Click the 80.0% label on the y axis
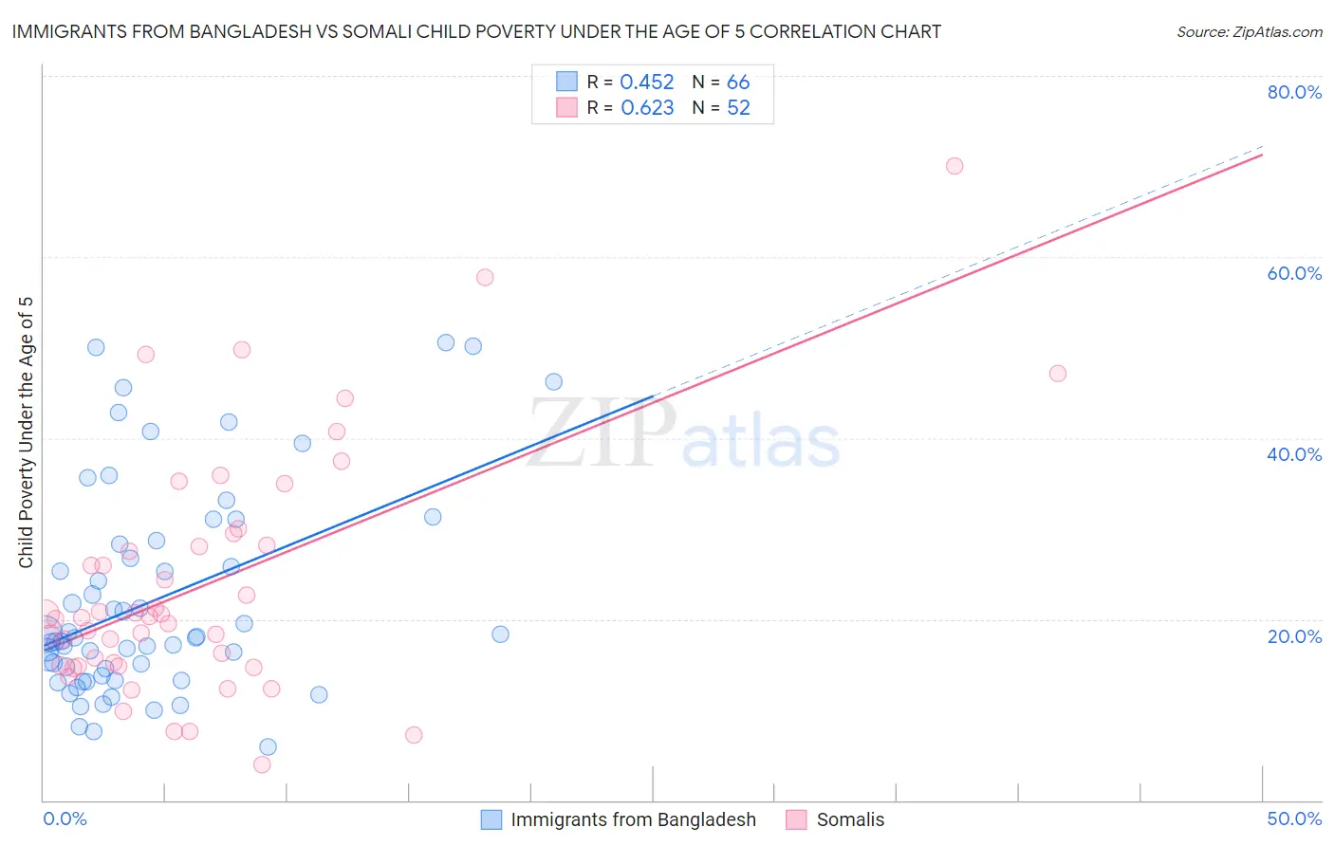[1294, 92]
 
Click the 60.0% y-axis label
[1294, 273]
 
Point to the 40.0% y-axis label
[1294, 454]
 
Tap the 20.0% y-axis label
[1294, 635]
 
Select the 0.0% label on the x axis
[65, 818]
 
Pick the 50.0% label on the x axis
[1294, 818]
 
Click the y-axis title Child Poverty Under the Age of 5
[26, 432]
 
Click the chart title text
[476, 31]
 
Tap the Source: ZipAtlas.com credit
[1249, 32]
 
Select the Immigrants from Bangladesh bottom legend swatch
[491, 819]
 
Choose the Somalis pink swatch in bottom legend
[796, 819]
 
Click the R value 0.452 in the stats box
[646, 83]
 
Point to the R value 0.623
[647, 108]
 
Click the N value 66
[738, 83]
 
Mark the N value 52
[738, 108]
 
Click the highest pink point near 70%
[954, 166]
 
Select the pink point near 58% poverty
[485, 278]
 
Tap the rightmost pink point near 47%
[1058, 374]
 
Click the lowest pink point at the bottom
[262, 764]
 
